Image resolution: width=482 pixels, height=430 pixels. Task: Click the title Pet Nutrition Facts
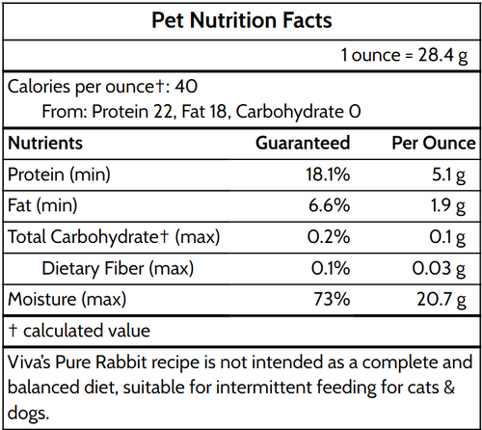(x=241, y=19)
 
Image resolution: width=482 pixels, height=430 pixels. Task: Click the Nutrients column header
(x=45, y=143)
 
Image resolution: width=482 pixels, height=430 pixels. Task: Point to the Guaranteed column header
(x=302, y=143)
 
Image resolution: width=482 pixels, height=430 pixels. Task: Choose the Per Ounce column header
(x=434, y=143)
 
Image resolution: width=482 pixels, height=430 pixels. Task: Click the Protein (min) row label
(x=59, y=175)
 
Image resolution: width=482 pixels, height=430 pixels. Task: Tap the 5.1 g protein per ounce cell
(x=454, y=175)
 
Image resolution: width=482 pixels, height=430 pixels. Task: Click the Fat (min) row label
(x=42, y=205)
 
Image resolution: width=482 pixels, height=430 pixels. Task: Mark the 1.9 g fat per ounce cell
(x=454, y=205)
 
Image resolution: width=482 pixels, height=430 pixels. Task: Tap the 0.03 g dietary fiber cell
(x=448, y=268)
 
